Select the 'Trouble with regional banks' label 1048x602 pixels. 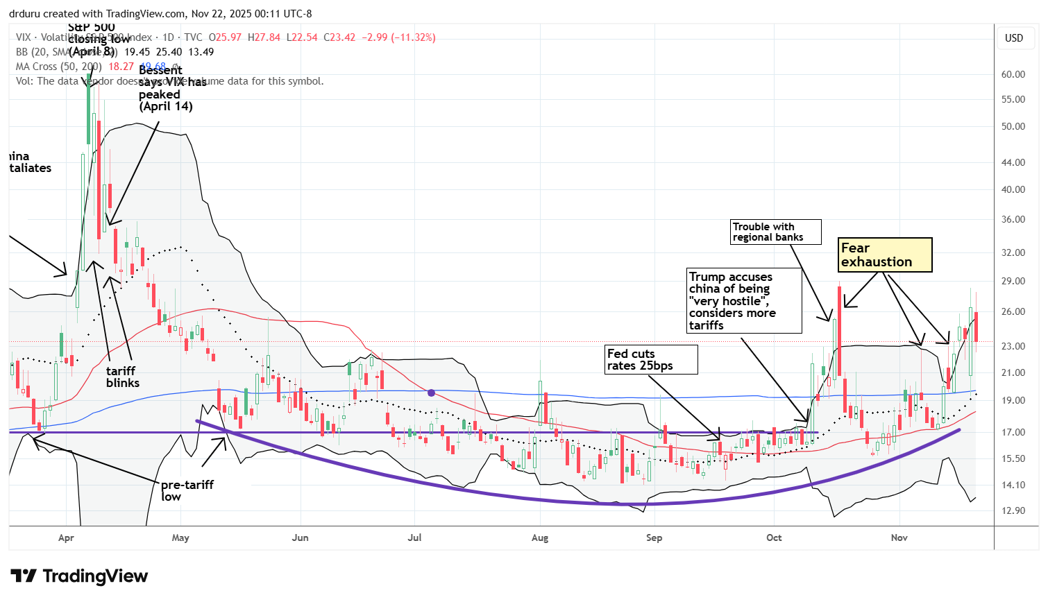pos(776,232)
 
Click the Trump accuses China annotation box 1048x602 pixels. pos(743,301)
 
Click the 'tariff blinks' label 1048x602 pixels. pos(123,377)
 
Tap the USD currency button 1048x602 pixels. pos(1014,38)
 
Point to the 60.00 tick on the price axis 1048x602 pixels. pos(1013,75)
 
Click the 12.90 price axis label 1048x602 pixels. pos(1013,511)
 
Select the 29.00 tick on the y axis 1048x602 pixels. pos(1013,282)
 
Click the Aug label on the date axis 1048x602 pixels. pos(539,538)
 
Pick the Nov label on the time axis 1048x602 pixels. pos(899,538)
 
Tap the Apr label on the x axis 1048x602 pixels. pos(66,538)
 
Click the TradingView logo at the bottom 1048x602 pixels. pos(80,576)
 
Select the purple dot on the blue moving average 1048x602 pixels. pos(432,393)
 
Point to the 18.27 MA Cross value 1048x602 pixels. pos(121,67)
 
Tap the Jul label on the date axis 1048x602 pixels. pos(414,538)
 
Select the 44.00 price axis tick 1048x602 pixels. pos(1013,163)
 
